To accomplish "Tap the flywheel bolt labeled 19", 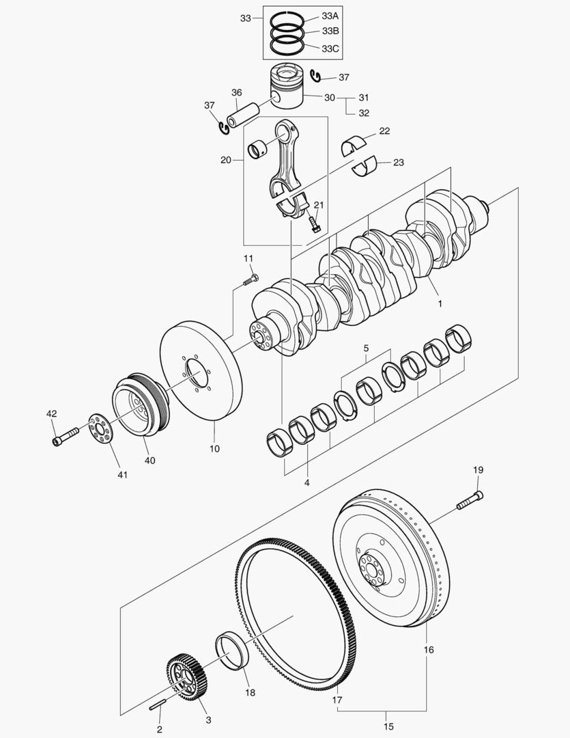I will (x=470, y=501).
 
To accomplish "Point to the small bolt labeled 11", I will (x=251, y=278).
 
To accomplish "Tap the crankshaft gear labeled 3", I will (x=186, y=678).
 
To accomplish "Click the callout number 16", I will (x=428, y=650).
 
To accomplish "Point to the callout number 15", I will (x=388, y=726).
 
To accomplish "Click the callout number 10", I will (x=214, y=450).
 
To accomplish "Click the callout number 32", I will (x=364, y=113).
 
